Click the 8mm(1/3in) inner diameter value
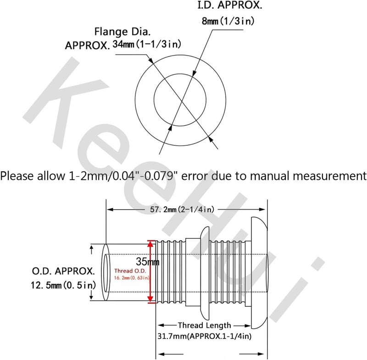tap(228, 21)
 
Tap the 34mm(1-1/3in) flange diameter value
tap(147, 44)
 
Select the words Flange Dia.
tap(122, 32)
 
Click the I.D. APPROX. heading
tap(230, 5)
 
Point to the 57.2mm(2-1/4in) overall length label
tap(182, 210)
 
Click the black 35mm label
tap(147, 261)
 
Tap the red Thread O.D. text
tap(130, 271)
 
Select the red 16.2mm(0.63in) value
tap(132, 278)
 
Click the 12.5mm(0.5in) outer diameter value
tap(63, 285)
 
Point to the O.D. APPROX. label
tap(63, 271)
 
